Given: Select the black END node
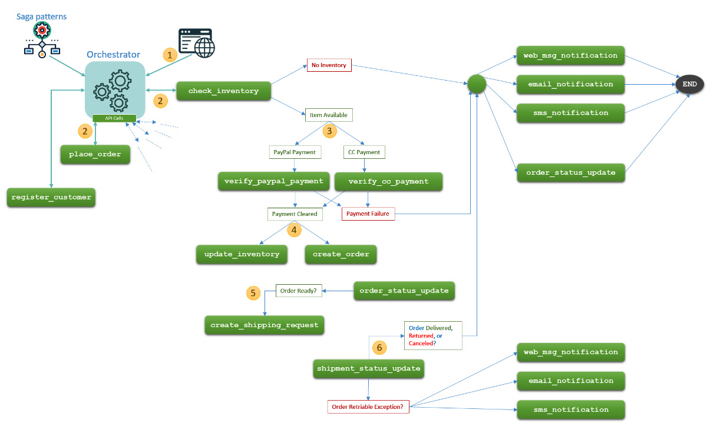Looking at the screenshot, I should coord(689,84).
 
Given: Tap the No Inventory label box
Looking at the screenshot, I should coord(329,65).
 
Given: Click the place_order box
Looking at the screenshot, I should coord(95,154).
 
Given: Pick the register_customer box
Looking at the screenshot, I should coord(52,197).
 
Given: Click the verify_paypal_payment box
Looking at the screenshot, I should coord(273,181).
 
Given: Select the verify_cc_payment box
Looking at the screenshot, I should coord(388,181).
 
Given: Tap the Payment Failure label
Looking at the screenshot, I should coord(368,214).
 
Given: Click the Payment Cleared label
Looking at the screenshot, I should coord(295,214).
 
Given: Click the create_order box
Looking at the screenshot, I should coord(341,254).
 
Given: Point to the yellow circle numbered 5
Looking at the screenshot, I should coord(253,292).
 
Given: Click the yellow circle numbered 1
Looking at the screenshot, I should coord(170,55).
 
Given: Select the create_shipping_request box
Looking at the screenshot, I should coord(265,325).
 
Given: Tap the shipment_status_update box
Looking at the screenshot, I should coord(369,368).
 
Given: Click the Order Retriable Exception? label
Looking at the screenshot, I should coord(368,407).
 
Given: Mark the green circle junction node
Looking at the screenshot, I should coord(476,84).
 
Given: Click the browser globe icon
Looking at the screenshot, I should coord(197,44).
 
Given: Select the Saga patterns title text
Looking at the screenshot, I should coord(42,16).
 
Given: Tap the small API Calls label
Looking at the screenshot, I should coord(114,118).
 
